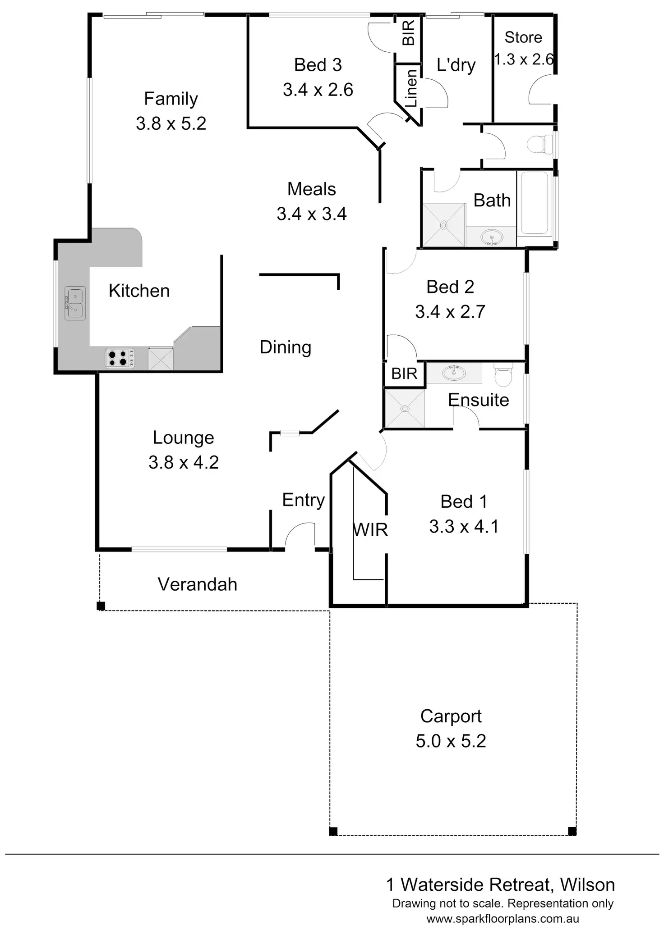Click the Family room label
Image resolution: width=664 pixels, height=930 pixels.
[x=171, y=99]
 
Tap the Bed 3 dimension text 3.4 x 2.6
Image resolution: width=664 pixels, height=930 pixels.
[x=318, y=90]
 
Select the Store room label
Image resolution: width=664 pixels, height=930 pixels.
[x=523, y=37]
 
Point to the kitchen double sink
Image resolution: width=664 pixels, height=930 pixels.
[x=74, y=303]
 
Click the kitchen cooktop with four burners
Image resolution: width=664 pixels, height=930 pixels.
[x=120, y=358]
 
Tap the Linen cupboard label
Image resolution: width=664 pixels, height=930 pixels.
[x=411, y=88]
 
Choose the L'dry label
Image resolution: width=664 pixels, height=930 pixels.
[x=456, y=65]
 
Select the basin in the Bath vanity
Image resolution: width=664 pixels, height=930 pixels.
[x=491, y=237]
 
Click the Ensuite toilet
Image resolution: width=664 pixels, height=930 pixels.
[x=503, y=375]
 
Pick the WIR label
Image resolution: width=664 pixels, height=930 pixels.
[x=370, y=530]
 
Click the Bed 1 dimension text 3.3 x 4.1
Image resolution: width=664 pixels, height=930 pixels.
[x=464, y=526]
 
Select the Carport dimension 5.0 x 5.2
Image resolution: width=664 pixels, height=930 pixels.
[x=451, y=741]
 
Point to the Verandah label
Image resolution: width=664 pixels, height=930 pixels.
[x=197, y=584]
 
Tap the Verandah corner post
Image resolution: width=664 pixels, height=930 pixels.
[x=101, y=606]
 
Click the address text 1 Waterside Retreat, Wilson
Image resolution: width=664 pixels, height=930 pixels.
[x=500, y=885]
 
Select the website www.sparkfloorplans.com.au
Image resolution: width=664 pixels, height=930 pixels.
[x=503, y=919]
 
